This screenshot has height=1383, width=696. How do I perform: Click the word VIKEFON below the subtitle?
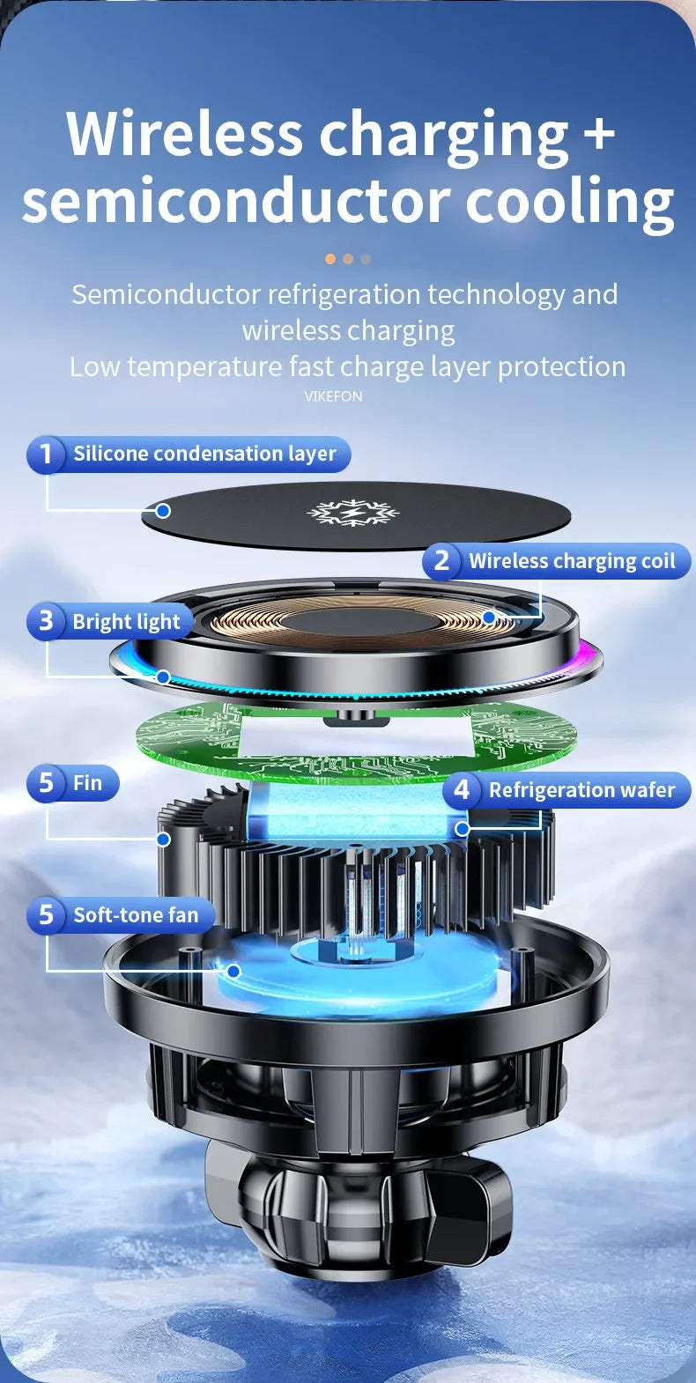click(333, 396)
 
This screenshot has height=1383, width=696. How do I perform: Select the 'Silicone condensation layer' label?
click(204, 455)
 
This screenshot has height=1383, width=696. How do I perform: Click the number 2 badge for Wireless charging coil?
click(442, 560)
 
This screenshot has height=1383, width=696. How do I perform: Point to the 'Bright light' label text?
click(126, 622)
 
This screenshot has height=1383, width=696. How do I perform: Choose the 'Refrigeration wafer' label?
click(581, 790)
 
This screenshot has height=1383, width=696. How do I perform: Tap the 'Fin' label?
click(87, 783)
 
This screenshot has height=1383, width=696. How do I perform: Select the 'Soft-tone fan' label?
click(136, 915)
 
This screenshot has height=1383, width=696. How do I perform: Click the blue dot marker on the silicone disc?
click(163, 510)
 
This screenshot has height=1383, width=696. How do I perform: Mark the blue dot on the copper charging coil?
click(489, 618)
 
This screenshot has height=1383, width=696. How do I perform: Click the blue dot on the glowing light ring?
click(163, 677)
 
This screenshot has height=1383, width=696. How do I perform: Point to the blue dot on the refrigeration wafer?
click(462, 828)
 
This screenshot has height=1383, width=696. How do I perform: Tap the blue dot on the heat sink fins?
click(163, 839)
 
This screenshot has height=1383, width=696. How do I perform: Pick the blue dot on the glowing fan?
click(233, 971)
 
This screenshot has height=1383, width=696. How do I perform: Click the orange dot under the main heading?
click(330, 259)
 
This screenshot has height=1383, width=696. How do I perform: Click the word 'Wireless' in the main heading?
click(185, 134)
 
